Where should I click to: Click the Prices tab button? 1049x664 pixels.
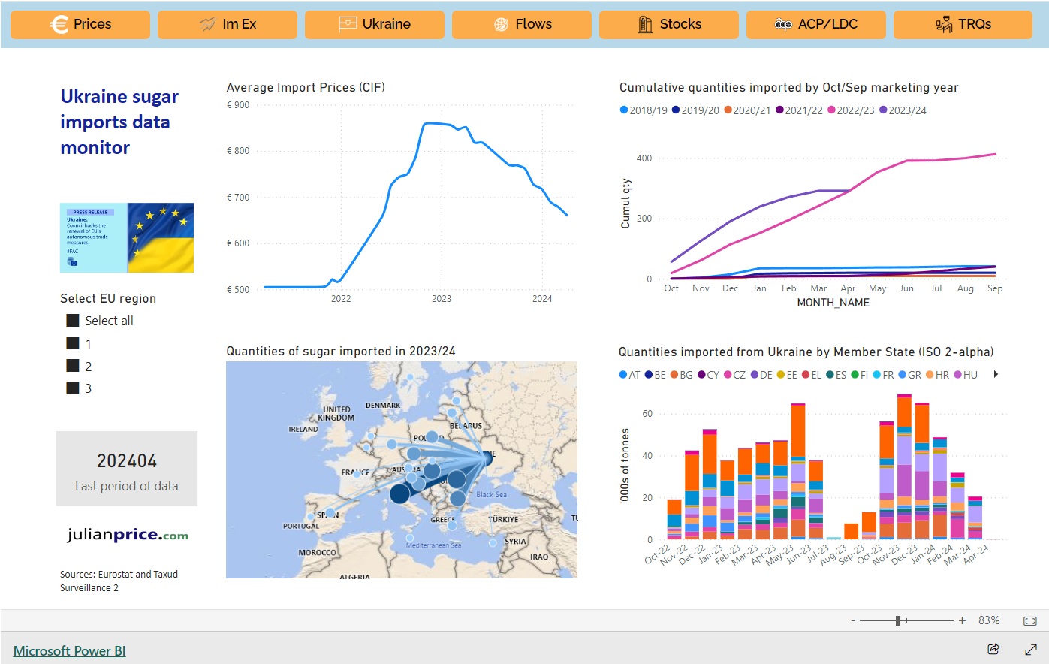(x=80, y=24)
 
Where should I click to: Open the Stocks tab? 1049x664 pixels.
(x=668, y=24)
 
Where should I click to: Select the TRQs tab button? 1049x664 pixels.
(x=963, y=24)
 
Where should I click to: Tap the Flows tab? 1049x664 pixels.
(x=522, y=24)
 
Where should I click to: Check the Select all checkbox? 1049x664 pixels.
(x=73, y=321)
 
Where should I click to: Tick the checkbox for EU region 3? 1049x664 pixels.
(x=73, y=388)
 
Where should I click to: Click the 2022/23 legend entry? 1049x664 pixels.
(x=851, y=110)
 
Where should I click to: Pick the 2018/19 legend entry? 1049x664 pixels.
(x=644, y=110)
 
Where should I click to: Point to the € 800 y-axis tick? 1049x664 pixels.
(x=238, y=151)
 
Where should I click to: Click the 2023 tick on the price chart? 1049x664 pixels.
(x=442, y=299)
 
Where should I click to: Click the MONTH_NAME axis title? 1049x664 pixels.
(x=833, y=303)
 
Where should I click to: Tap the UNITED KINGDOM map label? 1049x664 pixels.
(x=336, y=413)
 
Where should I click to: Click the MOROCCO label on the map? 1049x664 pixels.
(x=317, y=553)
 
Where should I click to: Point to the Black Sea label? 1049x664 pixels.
(x=491, y=495)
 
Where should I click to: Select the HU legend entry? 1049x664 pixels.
(x=966, y=375)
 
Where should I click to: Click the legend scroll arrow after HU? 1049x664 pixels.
(x=996, y=374)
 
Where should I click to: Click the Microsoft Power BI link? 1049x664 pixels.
(x=69, y=651)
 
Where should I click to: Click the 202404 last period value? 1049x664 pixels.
(x=127, y=460)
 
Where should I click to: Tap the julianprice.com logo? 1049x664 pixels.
(x=127, y=535)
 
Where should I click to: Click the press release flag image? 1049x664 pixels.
(x=127, y=237)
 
